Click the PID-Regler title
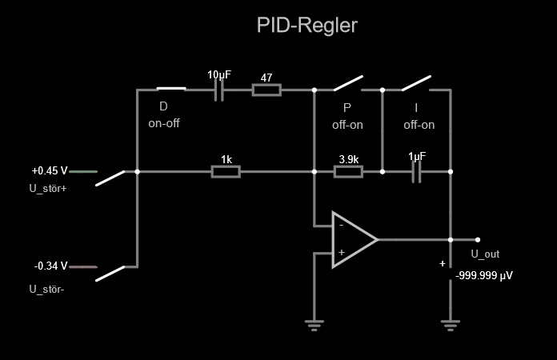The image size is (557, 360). click(x=307, y=26)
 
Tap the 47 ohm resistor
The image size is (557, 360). click(x=266, y=90)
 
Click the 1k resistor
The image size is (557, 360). click(x=226, y=171)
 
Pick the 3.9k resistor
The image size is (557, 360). click(x=348, y=171)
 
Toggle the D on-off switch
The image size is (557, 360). click(x=170, y=90)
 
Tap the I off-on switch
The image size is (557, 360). click(x=416, y=84)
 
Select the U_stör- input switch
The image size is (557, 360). click(x=111, y=273)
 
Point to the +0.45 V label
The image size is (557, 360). click(x=50, y=171)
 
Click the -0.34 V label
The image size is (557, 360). click(x=50, y=266)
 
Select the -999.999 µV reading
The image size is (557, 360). click(x=484, y=274)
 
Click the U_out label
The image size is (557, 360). click(x=485, y=254)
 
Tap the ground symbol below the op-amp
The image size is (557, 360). click(x=315, y=323)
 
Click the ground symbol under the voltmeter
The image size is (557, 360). click(x=451, y=323)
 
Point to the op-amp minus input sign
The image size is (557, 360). click(x=341, y=226)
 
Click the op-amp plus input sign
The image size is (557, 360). click(x=341, y=253)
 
